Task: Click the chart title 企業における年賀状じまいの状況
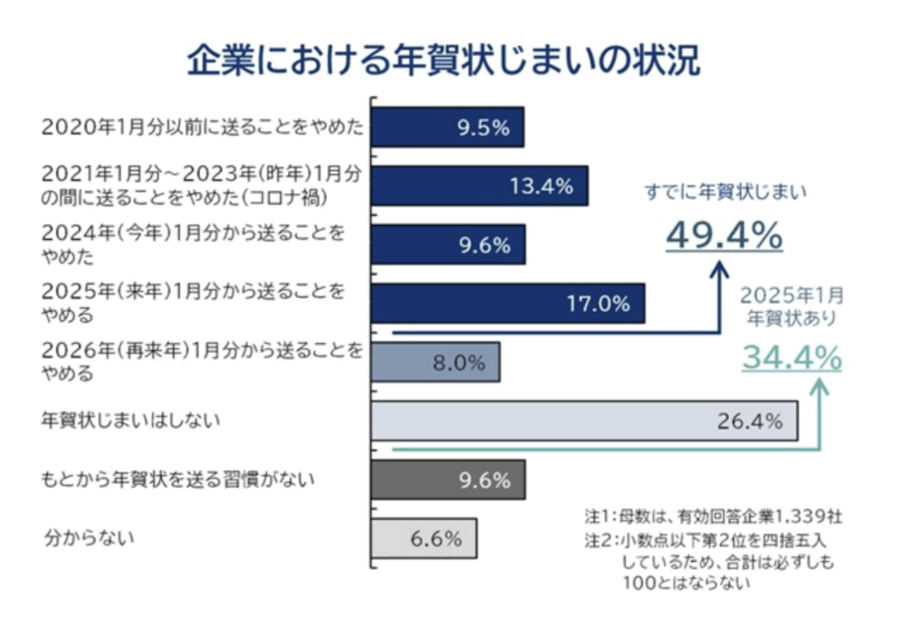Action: (443, 60)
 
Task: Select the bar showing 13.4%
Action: (479, 186)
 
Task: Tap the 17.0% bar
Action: (508, 303)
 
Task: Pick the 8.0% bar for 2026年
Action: (435, 362)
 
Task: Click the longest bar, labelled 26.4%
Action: (584, 420)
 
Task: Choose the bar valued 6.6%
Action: (423, 538)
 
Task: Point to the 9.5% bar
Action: (447, 127)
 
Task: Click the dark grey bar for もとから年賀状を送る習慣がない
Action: (447, 480)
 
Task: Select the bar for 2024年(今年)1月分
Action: (447, 244)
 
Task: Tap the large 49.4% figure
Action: (724, 235)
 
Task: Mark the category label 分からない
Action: (90, 538)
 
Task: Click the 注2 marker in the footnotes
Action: (596, 539)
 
